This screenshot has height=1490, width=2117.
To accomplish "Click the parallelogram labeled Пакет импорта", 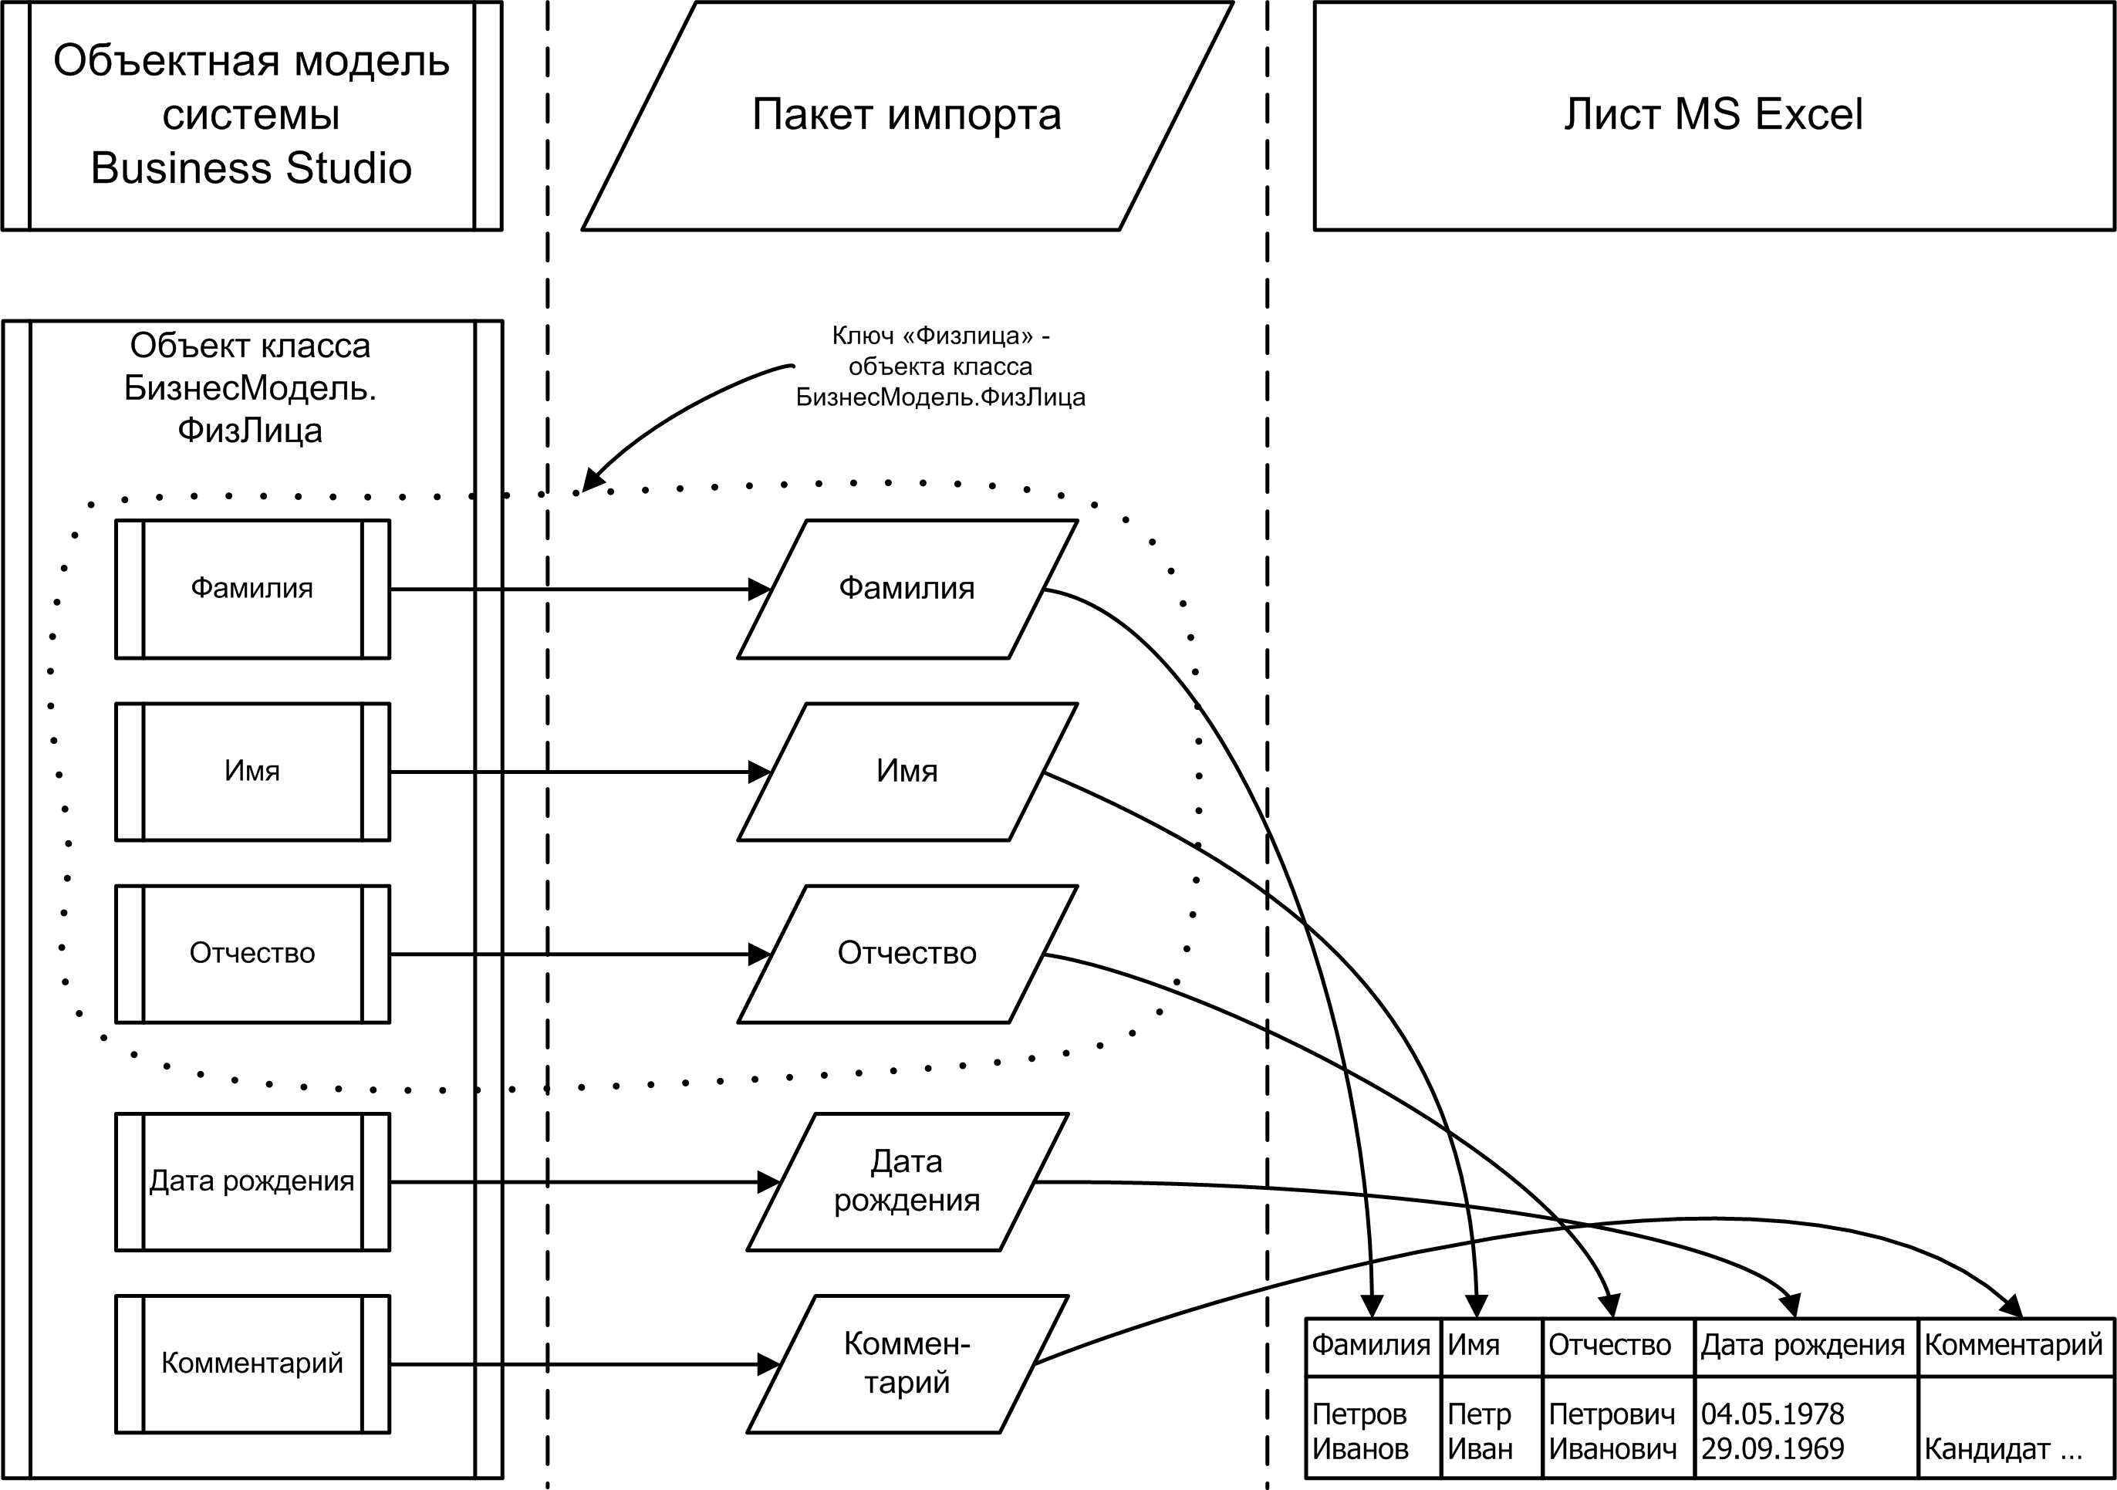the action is click(x=907, y=115).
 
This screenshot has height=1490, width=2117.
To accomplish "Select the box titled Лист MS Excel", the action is click(x=1714, y=115).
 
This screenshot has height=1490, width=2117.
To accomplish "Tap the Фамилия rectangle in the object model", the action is click(x=252, y=590).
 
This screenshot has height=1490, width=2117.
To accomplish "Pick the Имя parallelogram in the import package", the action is click(x=907, y=772).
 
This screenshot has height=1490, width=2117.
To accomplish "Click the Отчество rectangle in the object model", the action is click(x=252, y=954).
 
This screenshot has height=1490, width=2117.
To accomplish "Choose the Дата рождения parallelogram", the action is click(x=907, y=1182).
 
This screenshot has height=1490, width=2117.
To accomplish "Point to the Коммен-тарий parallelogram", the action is click(x=907, y=1363).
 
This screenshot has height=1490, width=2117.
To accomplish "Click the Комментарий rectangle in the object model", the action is click(x=252, y=1363).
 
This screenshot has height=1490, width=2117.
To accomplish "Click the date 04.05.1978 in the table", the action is click(x=1772, y=1414).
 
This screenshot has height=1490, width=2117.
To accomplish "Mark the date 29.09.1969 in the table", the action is click(x=1772, y=1448).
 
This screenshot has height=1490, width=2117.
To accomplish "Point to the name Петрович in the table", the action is click(x=1612, y=1414).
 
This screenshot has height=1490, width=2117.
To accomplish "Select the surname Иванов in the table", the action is click(x=1360, y=1448).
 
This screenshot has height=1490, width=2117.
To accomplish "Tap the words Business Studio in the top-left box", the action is click(x=251, y=169).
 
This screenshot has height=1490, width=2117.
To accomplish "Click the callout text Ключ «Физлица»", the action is click(x=940, y=336).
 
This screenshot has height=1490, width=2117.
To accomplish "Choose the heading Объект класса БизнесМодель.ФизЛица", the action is click(x=250, y=388).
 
